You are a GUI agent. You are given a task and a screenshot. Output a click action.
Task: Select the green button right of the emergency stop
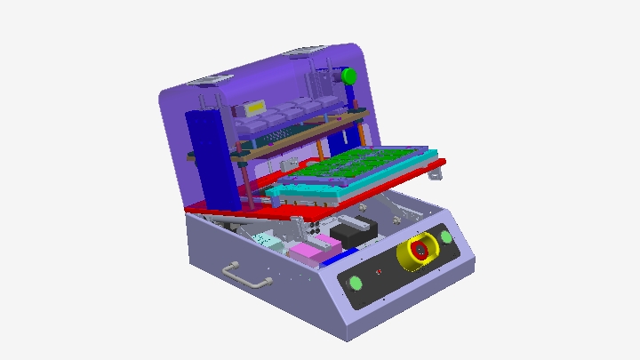tap(445, 237)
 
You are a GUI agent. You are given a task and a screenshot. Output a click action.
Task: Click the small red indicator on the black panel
tap(380, 270)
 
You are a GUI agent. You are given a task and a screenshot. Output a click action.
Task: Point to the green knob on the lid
tap(348, 76)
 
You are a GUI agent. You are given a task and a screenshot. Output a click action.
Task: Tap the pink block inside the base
tap(310, 252)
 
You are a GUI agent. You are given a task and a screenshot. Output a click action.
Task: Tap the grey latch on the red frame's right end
tap(433, 172)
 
